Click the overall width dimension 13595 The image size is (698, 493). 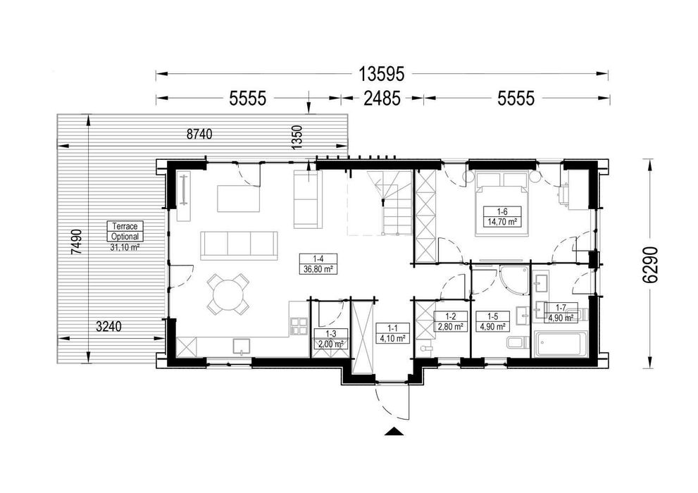pyautogui.click(x=382, y=74)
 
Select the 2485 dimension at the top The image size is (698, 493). pyautogui.click(x=382, y=99)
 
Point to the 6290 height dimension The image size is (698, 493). pyautogui.click(x=652, y=266)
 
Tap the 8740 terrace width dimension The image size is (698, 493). pyautogui.click(x=199, y=134)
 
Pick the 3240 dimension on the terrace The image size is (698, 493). pyautogui.click(x=109, y=327)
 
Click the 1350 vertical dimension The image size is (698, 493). pyautogui.click(x=297, y=137)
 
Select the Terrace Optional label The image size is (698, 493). pyautogui.click(x=125, y=232)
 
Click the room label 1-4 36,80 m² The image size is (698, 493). pyautogui.click(x=318, y=263)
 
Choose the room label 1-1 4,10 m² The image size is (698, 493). pyautogui.click(x=392, y=333)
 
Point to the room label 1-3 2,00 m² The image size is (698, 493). pyautogui.click(x=330, y=339)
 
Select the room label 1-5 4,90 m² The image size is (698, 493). pyautogui.click(x=492, y=322)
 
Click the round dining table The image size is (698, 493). pyautogui.click(x=228, y=294)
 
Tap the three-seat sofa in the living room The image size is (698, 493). pyautogui.click(x=239, y=245)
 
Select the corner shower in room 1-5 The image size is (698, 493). pyautogui.click(x=513, y=280)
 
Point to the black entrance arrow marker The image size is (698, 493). pyautogui.click(x=392, y=430)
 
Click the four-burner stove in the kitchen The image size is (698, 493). pyautogui.click(x=299, y=326)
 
